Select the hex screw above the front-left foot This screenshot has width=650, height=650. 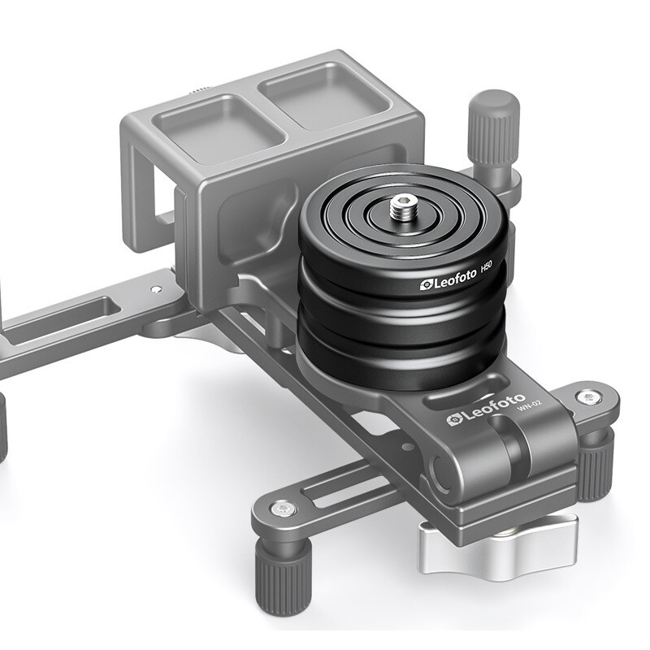pos(282,509)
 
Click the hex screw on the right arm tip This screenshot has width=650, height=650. pos(586,397)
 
